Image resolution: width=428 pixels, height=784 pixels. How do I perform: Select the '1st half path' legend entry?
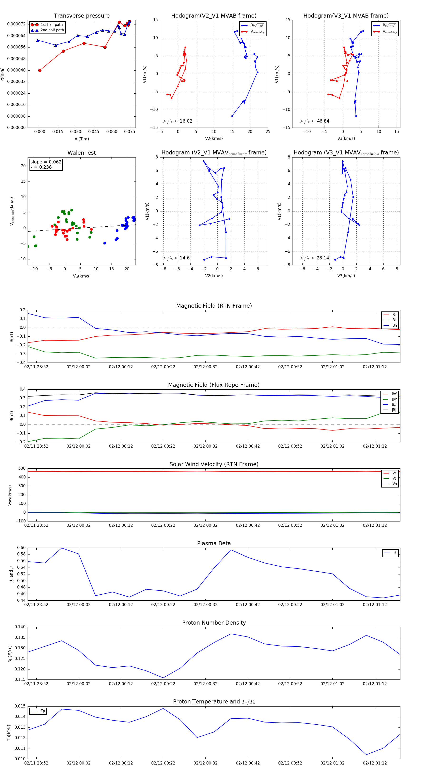52,25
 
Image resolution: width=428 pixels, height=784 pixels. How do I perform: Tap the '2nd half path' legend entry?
52,30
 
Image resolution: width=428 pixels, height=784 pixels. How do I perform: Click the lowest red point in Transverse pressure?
40,70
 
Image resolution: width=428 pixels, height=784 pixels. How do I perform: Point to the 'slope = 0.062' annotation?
46,162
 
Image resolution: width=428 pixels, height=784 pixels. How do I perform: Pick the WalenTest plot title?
82,153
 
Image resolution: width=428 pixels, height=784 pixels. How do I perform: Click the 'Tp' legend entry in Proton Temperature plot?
43,711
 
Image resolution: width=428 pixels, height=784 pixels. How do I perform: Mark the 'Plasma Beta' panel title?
214,543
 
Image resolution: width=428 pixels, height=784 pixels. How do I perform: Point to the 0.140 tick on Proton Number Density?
20,627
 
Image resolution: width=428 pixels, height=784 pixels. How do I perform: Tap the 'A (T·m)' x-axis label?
82,139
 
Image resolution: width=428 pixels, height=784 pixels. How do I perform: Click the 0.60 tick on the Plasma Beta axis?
21,548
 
